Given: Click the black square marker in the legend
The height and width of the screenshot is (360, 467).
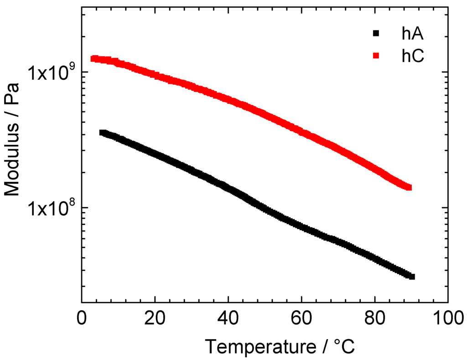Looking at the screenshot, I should pyautogui.click(x=376, y=33).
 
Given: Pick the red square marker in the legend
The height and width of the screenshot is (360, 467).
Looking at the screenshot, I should pyautogui.click(x=376, y=56).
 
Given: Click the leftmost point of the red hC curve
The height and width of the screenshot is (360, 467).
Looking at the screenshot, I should pyautogui.click(x=93, y=58).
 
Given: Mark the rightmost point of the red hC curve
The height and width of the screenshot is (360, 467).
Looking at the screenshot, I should pyautogui.click(x=409, y=187).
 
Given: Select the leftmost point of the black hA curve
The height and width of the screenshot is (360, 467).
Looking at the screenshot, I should pyautogui.click(x=102, y=133).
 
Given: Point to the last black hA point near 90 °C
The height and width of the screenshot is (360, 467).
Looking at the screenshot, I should pyautogui.click(x=412, y=276).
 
